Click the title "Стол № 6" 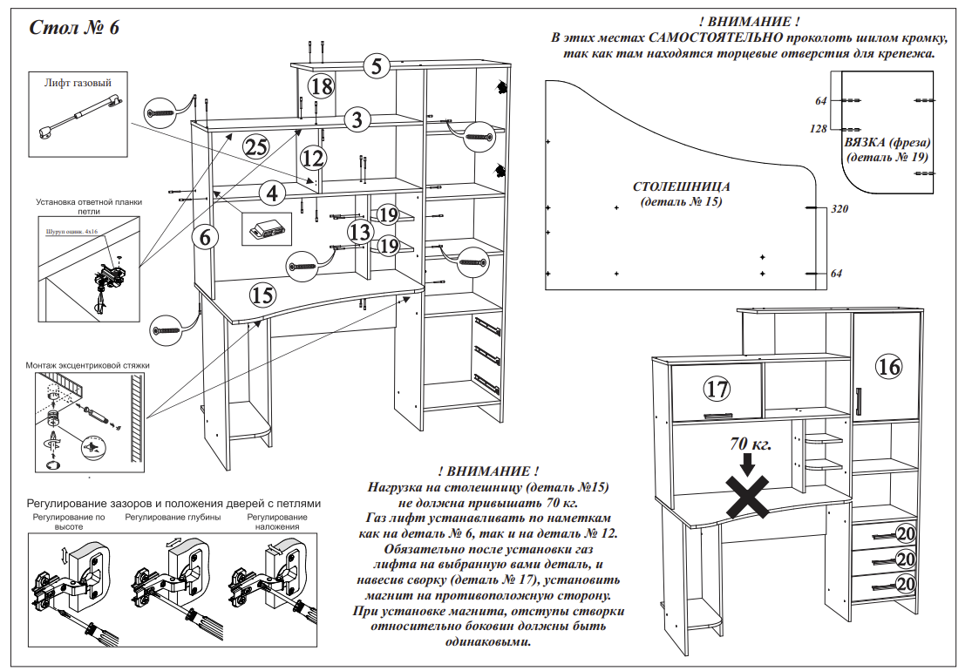point(74,28)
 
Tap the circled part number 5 point(376,66)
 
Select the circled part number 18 point(321,85)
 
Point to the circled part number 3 point(357,120)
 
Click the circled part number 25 point(255,146)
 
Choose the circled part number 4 point(272,192)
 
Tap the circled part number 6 point(204,236)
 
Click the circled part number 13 point(360,232)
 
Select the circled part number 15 point(262,295)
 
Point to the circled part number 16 point(889,367)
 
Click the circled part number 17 point(717,388)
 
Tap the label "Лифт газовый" point(78,84)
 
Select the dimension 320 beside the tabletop point(839,209)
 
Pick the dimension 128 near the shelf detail point(818,129)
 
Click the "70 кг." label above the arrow point(751,444)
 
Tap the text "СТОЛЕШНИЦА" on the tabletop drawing point(681,186)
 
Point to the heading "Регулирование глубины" point(173,517)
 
